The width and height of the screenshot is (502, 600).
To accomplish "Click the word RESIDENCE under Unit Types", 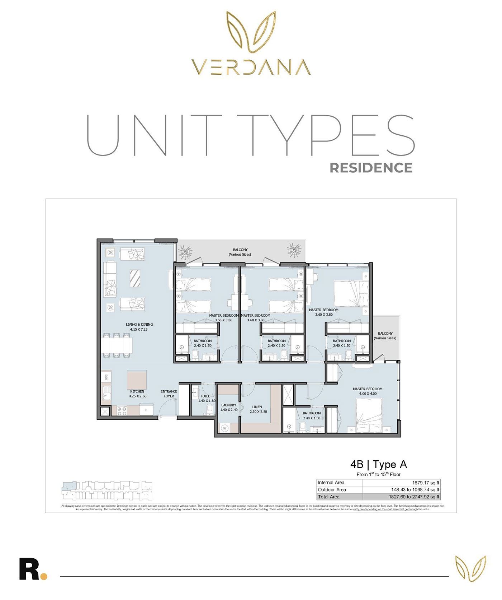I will (371, 168).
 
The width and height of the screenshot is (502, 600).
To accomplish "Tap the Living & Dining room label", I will (139, 327).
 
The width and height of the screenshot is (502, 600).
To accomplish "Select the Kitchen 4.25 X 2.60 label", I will (137, 394).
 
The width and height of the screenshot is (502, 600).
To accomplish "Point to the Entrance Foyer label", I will (169, 394).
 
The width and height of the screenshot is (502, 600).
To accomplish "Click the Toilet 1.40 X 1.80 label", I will (207, 398).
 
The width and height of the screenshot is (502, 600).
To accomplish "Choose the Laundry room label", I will (229, 407).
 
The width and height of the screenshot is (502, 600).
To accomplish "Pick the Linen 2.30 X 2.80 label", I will (257, 409).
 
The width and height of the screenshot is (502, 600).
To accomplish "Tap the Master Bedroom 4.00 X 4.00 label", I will (368, 391).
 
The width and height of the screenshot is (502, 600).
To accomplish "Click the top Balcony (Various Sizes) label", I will (240, 252).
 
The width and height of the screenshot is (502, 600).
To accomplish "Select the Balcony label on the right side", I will (385, 336).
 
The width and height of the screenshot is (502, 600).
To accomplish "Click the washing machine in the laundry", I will (225, 428).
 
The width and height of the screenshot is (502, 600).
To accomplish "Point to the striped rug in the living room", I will (135, 278).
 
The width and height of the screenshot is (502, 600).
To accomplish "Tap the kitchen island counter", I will (137, 380).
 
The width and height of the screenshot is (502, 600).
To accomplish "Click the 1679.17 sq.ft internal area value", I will (426, 483).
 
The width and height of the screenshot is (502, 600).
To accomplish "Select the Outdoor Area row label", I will (332, 490).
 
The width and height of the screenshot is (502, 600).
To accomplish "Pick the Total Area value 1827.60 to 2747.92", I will (414, 497).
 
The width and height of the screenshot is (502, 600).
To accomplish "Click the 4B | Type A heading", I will (379, 465).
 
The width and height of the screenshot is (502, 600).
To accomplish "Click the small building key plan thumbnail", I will (107, 491).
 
